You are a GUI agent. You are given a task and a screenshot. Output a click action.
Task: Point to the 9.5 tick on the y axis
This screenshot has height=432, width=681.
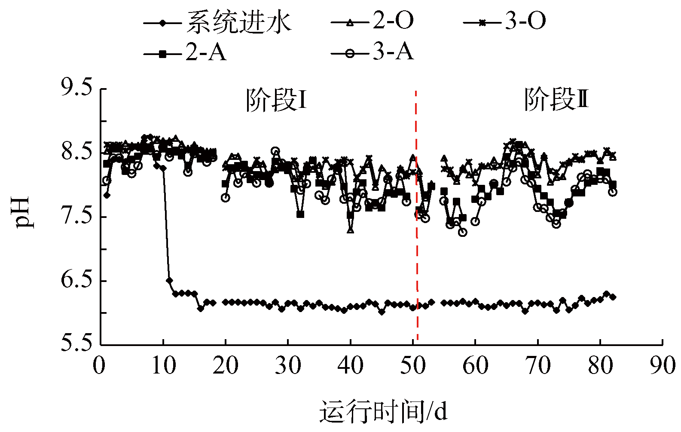coord(77,88)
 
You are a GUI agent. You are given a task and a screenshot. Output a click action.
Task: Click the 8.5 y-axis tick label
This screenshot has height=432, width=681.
coord(77,152)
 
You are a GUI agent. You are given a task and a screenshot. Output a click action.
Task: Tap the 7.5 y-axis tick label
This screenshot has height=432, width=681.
coord(77,216)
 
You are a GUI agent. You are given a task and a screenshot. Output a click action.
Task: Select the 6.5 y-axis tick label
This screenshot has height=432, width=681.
coord(77,280)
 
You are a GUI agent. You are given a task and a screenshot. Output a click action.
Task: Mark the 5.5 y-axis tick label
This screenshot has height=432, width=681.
coord(77,344)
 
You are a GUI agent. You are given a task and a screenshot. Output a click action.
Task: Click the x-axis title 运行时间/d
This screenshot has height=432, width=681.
coord(383,412)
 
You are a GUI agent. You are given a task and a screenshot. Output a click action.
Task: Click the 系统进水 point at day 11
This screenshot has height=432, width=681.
coord(169,280)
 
